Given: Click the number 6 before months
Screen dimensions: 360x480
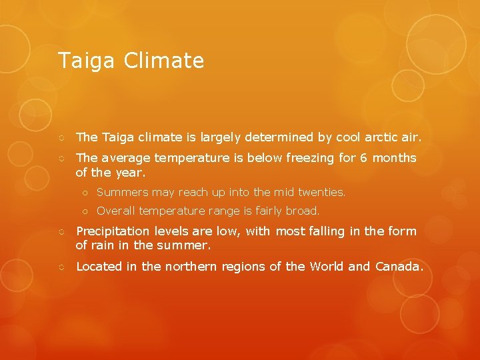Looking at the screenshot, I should click(x=363, y=159).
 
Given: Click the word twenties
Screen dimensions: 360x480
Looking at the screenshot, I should click(x=322, y=192).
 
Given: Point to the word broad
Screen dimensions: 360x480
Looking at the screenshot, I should click(x=304, y=211).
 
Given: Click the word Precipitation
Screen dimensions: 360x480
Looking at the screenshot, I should click(x=113, y=231).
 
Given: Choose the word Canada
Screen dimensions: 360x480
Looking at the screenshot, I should click(x=399, y=267).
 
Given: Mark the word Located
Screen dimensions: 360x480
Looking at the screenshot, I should click(x=100, y=267).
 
